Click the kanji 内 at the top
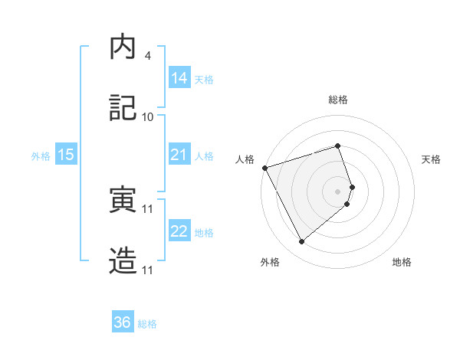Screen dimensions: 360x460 point(123,47)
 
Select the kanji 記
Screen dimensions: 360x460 point(123,109)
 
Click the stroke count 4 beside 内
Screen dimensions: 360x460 point(147,56)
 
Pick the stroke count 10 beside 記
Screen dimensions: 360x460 point(148,117)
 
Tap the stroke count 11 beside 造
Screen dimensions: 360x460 point(148,270)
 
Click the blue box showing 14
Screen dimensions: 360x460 point(179,78)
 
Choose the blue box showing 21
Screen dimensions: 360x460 point(179,155)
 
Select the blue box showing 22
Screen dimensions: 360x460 point(179,232)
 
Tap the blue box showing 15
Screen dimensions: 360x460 point(66,155)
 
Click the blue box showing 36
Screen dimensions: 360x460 point(123,322)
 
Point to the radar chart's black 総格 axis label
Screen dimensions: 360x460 point(338,100)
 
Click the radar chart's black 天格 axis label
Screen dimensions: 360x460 point(431,159)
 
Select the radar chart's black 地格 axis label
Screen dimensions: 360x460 point(402,263)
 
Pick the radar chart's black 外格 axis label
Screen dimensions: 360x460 point(270,263)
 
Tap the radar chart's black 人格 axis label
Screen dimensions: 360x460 point(245,159)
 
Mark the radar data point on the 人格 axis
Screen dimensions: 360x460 point(264,168)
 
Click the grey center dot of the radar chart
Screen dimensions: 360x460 point(338,191)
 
